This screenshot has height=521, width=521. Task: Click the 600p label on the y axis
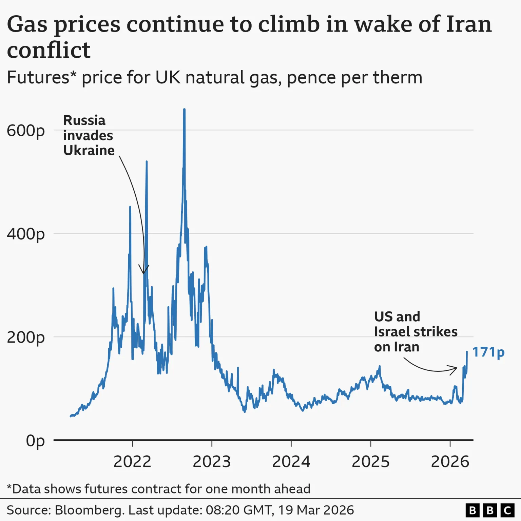pyautogui.click(x=26, y=131)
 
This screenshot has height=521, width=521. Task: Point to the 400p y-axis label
pyautogui.click(x=26, y=234)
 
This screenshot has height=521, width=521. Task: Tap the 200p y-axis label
pyautogui.click(x=26, y=337)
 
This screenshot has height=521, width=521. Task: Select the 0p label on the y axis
pyautogui.click(x=35, y=441)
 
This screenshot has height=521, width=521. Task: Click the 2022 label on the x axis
pyautogui.click(x=132, y=462)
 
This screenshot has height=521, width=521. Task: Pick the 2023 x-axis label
pyautogui.click(x=212, y=462)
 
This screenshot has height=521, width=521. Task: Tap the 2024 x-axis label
pyautogui.click(x=291, y=462)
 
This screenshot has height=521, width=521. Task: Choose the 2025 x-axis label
pyautogui.click(x=370, y=462)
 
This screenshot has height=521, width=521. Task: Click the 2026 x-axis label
pyautogui.click(x=450, y=462)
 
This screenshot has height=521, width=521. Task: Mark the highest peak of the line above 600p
pyautogui.click(x=184, y=110)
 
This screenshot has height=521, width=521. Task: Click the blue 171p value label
pyautogui.click(x=488, y=352)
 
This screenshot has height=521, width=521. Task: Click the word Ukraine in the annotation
pyautogui.click(x=89, y=150)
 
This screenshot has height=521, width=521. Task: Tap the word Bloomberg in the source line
pyautogui.click(x=89, y=510)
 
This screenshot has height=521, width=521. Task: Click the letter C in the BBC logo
pyautogui.click(x=507, y=510)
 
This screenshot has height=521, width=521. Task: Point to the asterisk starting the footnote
pyautogui.click(x=9, y=488)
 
